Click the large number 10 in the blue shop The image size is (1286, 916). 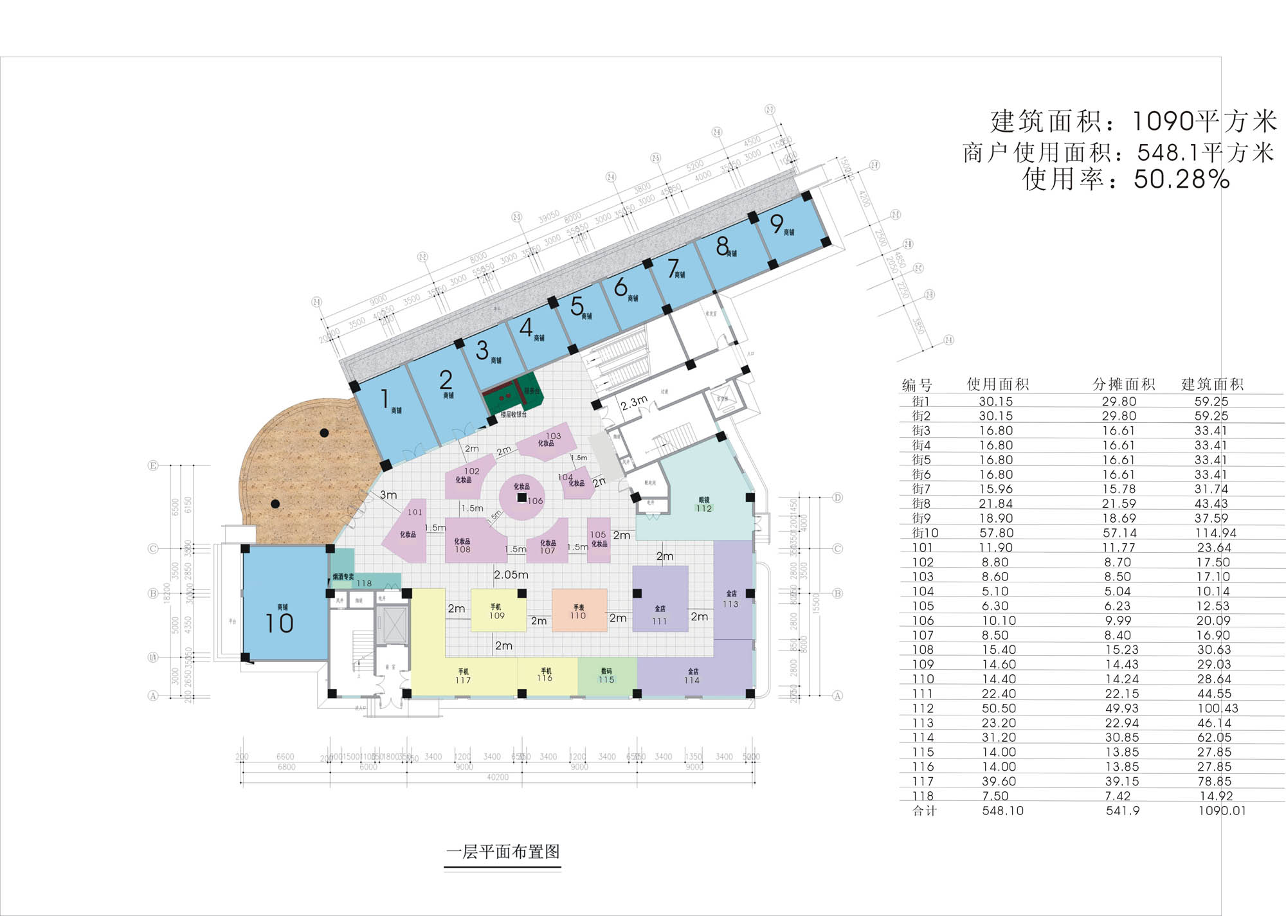(x=279, y=623)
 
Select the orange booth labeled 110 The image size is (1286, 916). (x=579, y=611)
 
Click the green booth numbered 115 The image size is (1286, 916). (x=606, y=676)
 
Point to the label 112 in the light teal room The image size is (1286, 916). (x=704, y=508)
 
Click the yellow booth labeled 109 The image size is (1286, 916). (x=497, y=611)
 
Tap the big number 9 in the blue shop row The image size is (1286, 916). (x=777, y=224)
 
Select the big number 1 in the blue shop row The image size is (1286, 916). (x=385, y=399)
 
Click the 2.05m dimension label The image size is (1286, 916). (x=511, y=575)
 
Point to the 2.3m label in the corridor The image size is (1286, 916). (x=634, y=403)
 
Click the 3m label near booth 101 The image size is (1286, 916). (x=388, y=495)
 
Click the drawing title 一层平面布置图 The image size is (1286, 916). (x=503, y=852)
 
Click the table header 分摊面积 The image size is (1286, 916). (x=1123, y=384)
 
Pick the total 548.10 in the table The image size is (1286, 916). (x=1002, y=811)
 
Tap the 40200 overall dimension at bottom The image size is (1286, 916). (x=497, y=777)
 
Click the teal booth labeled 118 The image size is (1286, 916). (x=364, y=582)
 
